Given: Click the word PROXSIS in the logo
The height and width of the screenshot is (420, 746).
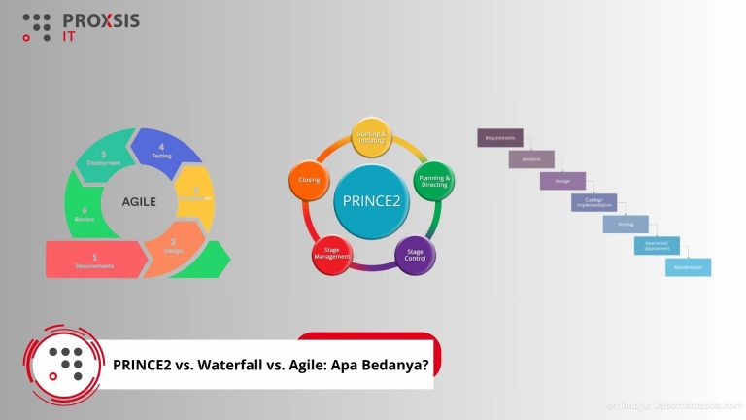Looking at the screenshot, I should pos(100,19).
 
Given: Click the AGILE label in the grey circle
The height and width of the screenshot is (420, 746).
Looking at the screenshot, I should pos(139,202).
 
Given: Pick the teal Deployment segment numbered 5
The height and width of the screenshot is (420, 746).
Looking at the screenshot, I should pos(105,158).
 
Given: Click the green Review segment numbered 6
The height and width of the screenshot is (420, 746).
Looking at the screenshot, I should pos(84,214).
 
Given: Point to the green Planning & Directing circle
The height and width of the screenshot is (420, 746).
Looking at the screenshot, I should pos(432,180).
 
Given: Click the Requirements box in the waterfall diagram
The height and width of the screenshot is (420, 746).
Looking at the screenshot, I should pos(500,138).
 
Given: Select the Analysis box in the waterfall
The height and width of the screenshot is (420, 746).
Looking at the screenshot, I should pos(531,159).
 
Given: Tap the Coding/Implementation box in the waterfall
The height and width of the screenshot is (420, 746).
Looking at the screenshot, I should pos(593,202).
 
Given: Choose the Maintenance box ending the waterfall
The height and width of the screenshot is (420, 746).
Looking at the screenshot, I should pos(688,266).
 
